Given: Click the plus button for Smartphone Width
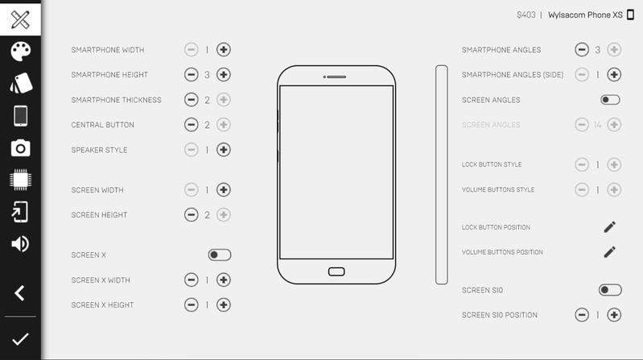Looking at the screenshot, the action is pos(224,50).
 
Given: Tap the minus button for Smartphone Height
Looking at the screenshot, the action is pos(191,75).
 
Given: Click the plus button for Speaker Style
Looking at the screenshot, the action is pos(224,150).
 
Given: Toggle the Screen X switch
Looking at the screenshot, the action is pos(220,255).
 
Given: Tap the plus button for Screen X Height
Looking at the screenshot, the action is pos(224,305).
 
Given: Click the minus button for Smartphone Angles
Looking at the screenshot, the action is pos(582,50).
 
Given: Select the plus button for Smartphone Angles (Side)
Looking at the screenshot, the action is pos(614,75).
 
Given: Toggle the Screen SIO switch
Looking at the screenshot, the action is pos(610,290).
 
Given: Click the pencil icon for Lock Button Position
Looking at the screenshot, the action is pos(610,227).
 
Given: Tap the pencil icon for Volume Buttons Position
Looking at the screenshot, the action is pos(610,252).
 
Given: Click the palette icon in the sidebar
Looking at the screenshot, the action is pos(20,52).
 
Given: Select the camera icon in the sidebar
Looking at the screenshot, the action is pos(20,147).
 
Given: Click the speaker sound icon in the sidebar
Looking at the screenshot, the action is pos(20,244).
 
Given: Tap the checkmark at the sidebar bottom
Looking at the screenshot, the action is pos(20,339).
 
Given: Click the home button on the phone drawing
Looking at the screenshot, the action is pos(336,271).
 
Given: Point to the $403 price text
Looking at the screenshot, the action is pos(526,15).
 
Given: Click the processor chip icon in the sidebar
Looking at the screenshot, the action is pos(20,180).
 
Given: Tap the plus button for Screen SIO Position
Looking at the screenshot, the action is pos(614,315).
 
